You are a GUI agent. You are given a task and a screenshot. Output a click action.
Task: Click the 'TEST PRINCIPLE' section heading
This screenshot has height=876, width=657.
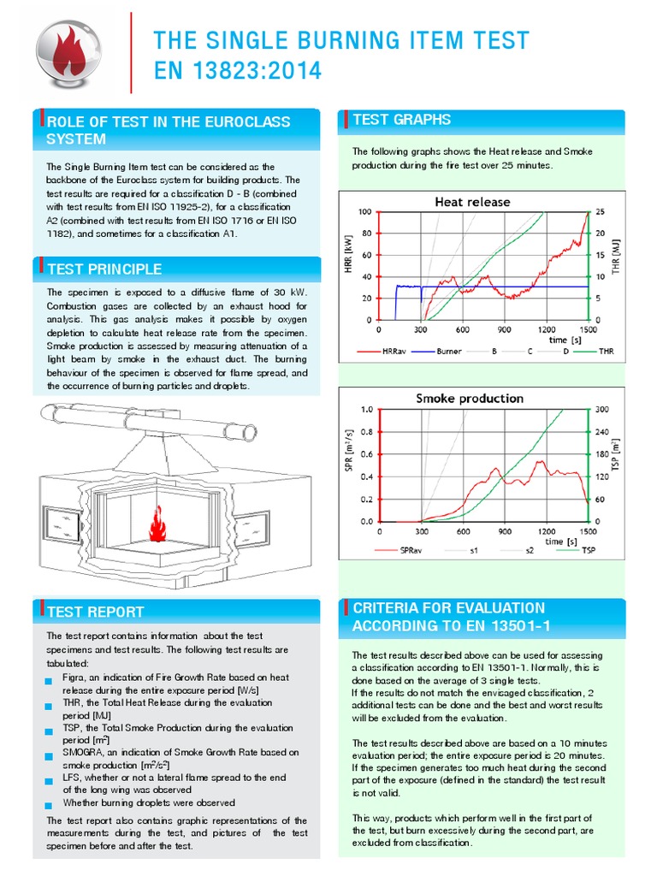(x=104, y=269)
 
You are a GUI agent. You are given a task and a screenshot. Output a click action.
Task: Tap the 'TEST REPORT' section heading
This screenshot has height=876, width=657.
(x=95, y=612)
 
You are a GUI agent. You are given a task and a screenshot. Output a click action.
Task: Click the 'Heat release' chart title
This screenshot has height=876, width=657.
(x=472, y=202)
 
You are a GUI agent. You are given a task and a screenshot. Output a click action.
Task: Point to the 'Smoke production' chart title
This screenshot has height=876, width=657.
(x=470, y=399)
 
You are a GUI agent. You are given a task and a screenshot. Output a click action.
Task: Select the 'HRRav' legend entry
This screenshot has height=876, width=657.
(x=392, y=352)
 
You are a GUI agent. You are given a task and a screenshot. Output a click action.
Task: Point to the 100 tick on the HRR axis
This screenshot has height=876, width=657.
(x=365, y=211)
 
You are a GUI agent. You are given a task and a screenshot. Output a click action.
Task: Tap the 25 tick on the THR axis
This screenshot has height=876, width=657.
(x=601, y=211)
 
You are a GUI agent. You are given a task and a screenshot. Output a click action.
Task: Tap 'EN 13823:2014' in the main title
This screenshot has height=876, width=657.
(x=238, y=72)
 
